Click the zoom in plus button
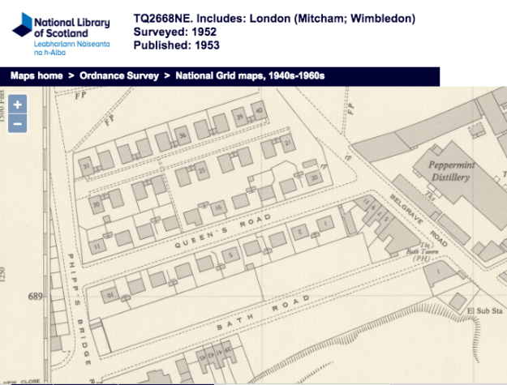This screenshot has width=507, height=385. coord(18,105)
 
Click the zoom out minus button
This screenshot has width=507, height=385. coord(18,123)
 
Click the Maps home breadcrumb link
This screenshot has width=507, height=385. coord(37,75)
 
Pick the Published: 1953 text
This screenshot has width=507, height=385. coord(178,45)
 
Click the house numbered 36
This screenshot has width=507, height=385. coord(183,134)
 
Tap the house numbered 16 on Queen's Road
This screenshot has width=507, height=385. coord(217,208)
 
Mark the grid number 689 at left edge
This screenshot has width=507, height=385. coord(34,297)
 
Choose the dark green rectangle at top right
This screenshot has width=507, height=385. coord(473,62)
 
